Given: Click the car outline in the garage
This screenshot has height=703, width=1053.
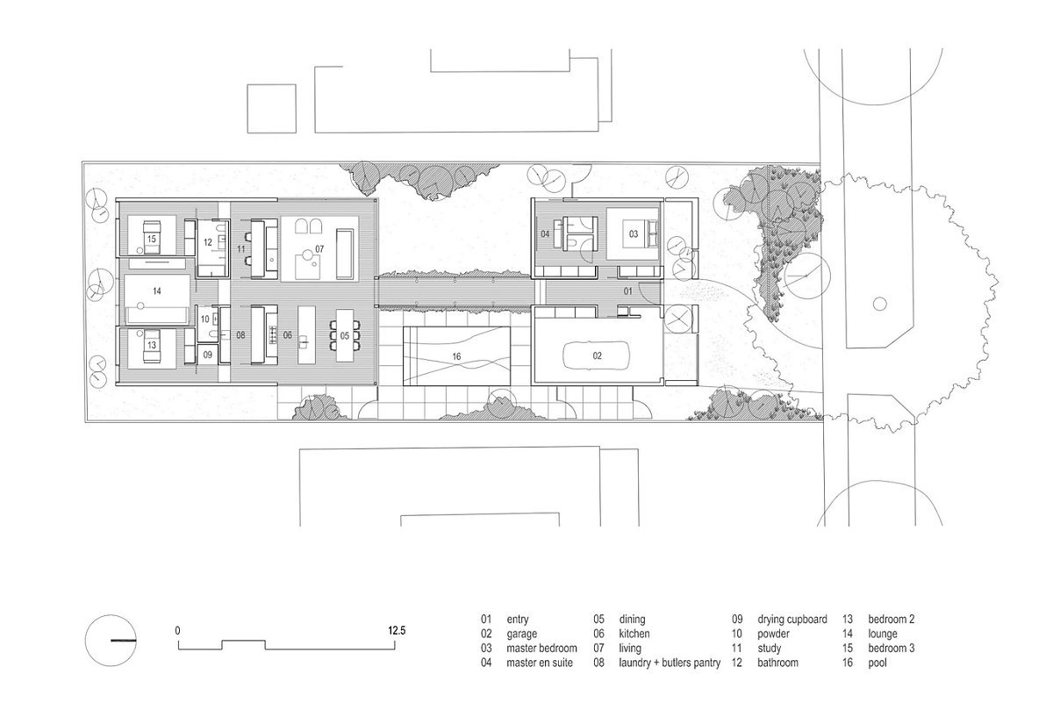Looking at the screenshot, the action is [564, 356].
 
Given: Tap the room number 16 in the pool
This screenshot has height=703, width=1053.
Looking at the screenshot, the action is [456, 357].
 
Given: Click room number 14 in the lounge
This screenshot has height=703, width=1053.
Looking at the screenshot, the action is [157, 291].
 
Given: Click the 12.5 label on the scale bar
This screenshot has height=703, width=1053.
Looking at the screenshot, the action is [397, 630].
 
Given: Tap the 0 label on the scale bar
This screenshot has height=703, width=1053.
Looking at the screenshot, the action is [177, 630].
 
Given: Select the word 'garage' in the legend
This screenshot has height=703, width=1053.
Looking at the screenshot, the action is [522, 635].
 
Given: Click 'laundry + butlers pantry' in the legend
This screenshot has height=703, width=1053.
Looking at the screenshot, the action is [670, 663].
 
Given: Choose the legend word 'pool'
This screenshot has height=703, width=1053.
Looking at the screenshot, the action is [877, 663].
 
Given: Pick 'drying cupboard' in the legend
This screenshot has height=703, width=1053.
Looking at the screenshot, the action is [792, 620].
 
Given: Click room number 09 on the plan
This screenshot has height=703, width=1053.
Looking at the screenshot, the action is [207, 355].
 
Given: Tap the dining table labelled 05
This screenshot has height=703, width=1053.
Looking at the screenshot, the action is [345, 336].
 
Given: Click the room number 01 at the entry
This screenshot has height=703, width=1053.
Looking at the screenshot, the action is [628, 291].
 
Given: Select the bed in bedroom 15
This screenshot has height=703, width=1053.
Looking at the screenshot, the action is [152, 237].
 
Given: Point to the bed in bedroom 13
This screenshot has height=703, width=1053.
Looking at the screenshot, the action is [152, 346].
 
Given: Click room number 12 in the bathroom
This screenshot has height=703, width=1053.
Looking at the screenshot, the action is [208, 242].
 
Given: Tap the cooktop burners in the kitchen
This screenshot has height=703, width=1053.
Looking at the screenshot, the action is [272, 335].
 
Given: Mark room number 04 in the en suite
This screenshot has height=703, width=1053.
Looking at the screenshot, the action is [545, 233].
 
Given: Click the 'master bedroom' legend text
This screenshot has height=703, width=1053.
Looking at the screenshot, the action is [541, 649].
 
